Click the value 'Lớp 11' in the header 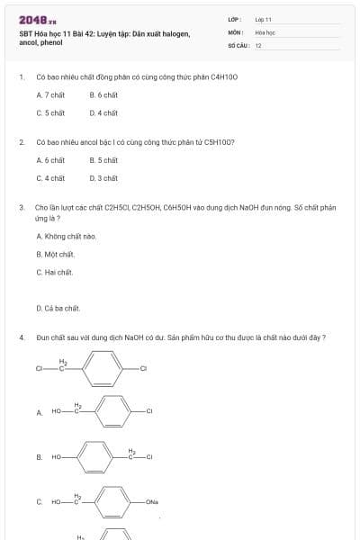tap(263, 19)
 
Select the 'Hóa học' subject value tap(264, 31)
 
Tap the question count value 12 tap(258, 44)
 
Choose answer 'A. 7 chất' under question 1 tap(50, 94)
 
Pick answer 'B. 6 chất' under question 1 tap(103, 94)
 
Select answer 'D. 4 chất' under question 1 tap(103, 113)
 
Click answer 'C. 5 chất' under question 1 tap(50, 113)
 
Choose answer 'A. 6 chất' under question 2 tap(50, 160)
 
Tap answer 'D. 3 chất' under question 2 tap(103, 178)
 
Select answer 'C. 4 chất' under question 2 tap(50, 178)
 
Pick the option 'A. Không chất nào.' tap(67, 236)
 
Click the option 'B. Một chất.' tap(56, 254)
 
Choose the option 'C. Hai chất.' tap(55, 272)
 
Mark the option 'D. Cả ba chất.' tap(58, 308)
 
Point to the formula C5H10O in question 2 tap(220, 142)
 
